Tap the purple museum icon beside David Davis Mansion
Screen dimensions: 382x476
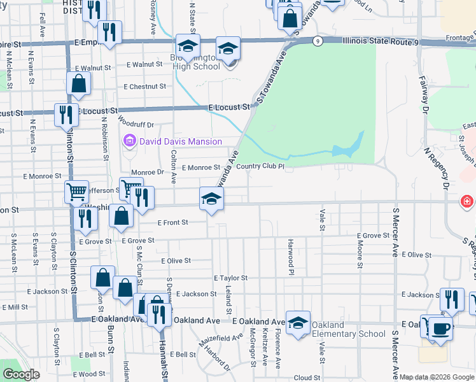[x=130, y=141]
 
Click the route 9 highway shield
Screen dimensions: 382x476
[x=317, y=41]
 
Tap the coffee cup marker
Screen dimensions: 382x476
[x=440, y=329]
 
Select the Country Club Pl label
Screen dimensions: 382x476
[x=260, y=167]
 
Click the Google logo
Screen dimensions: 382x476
[x=21, y=375]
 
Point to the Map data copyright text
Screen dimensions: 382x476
[x=437, y=377]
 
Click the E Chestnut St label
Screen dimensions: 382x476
[x=145, y=87]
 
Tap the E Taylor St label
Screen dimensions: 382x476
[x=230, y=278]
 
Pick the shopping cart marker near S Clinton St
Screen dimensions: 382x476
[x=76, y=191]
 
